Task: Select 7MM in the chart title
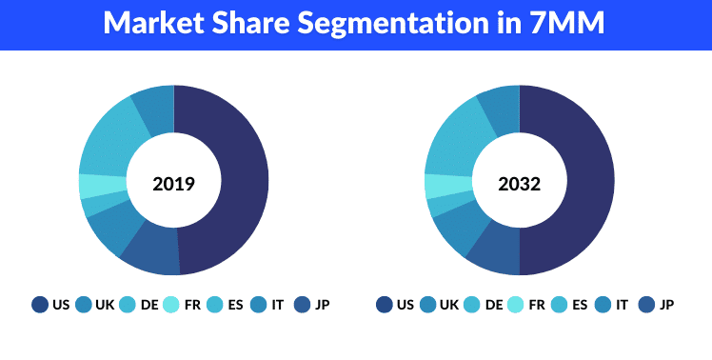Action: [x=566, y=23]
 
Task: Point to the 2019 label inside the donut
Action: [x=173, y=184]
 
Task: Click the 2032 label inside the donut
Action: [x=519, y=184]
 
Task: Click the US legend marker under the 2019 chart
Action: [x=39, y=305]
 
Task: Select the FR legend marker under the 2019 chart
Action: [x=171, y=305]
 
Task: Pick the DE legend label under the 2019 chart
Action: [x=148, y=305]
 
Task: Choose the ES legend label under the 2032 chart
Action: [x=581, y=305]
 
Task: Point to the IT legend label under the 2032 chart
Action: [x=623, y=305]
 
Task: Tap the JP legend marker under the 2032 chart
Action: [x=646, y=305]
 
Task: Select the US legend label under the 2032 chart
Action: [x=405, y=305]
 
